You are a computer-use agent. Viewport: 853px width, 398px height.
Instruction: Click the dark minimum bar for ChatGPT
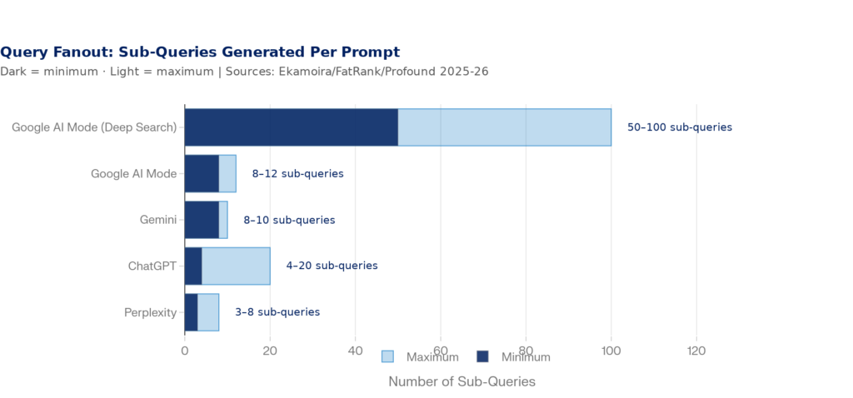click(x=193, y=266)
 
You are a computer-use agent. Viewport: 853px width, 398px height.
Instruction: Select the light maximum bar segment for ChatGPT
click(x=236, y=266)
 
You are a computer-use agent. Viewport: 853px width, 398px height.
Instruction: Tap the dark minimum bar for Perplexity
click(x=191, y=312)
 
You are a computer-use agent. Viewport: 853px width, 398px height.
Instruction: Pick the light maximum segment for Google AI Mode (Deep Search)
click(x=504, y=127)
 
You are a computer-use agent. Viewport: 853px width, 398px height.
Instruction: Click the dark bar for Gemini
click(x=202, y=220)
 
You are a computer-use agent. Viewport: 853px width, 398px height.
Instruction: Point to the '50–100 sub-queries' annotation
click(x=679, y=127)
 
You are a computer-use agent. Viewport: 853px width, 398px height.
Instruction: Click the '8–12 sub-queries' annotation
click(x=297, y=174)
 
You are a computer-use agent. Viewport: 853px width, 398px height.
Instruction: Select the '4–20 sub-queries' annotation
click(x=332, y=266)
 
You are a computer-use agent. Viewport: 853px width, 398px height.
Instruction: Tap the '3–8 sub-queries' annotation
click(x=277, y=312)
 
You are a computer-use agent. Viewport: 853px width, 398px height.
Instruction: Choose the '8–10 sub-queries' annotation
click(x=289, y=220)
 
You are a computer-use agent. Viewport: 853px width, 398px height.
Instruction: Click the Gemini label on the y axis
click(x=158, y=220)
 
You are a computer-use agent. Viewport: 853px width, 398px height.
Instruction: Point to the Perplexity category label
click(x=150, y=312)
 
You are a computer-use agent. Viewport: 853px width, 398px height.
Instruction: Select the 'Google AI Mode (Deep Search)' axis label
click(x=94, y=127)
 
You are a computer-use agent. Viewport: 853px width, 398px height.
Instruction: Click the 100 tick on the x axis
click(x=611, y=351)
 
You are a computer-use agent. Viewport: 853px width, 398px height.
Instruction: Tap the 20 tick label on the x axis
click(x=270, y=351)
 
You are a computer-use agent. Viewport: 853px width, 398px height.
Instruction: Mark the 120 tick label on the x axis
click(x=696, y=351)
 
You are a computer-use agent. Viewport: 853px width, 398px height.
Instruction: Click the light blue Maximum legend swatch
click(x=387, y=356)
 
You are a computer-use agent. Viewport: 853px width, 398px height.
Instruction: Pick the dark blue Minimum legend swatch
click(x=482, y=356)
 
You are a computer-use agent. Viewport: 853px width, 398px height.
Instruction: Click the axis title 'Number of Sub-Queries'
click(x=461, y=381)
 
